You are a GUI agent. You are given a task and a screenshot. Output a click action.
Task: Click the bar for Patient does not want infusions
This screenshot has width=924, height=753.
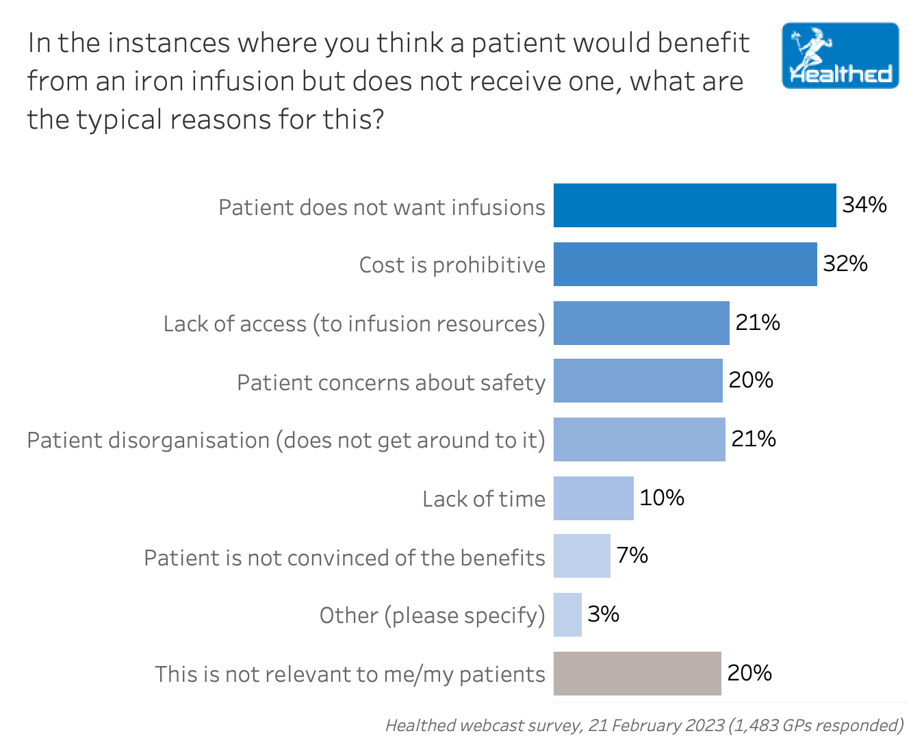click(x=695, y=205)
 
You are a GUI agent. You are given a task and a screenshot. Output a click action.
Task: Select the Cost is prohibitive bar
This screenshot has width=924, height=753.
click(x=685, y=264)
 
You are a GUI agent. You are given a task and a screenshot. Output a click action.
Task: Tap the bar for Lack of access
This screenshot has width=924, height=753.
click(x=641, y=323)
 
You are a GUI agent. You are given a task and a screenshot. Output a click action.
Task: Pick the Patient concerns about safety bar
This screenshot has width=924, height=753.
click(x=638, y=381)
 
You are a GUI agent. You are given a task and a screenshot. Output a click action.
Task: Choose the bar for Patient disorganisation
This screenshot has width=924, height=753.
click(x=639, y=439)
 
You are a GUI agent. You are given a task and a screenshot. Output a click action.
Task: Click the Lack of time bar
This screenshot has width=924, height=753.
click(x=593, y=498)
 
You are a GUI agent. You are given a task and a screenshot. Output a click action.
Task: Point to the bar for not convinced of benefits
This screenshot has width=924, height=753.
click(x=582, y=556)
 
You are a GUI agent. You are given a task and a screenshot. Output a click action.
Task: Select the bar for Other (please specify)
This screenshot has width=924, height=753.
click(x=567, y=615)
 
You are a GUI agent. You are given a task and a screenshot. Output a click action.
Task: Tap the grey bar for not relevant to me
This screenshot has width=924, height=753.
click(x=637, y=674)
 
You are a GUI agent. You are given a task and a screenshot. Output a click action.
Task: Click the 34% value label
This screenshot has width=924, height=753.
click(x=864, y=205)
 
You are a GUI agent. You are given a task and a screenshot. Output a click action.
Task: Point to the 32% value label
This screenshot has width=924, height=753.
click(x=845, y=264)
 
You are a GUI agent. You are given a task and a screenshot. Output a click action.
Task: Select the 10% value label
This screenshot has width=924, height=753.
click(x=662, y=498)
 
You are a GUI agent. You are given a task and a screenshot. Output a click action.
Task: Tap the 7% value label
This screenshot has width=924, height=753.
click(x=632, y=555)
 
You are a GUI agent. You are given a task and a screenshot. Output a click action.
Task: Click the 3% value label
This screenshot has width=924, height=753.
click(x=603, y=614)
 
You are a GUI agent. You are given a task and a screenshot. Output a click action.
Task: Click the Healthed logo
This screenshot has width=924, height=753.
click(x=840, y=55)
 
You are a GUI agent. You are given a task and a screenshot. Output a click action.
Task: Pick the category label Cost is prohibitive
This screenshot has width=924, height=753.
click(x=452, y=265)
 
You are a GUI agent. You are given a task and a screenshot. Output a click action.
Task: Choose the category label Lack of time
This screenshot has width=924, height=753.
click(x=483, y=499)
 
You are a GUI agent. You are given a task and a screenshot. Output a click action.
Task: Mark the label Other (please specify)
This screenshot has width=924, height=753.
click(x=432, y=615)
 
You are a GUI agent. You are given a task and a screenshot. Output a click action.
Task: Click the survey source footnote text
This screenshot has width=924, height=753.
click(x=644, y=725)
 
